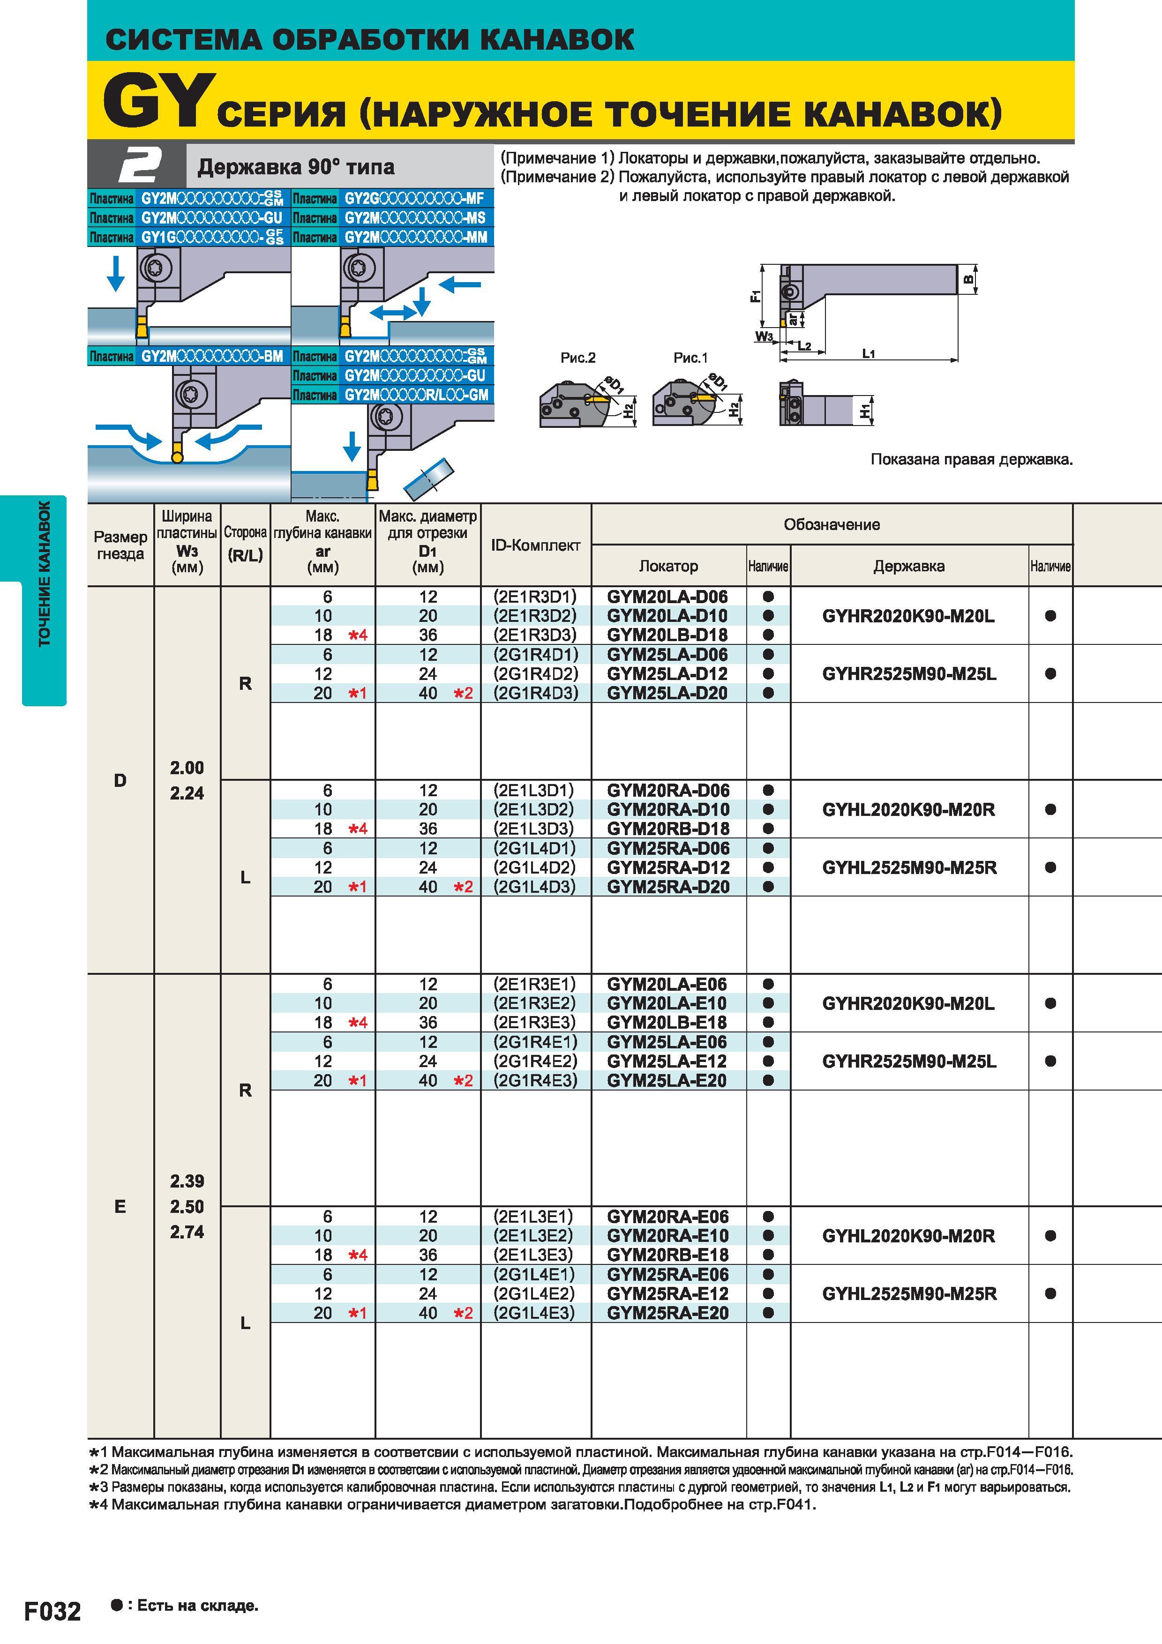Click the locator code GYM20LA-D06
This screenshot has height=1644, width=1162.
pos(667,597)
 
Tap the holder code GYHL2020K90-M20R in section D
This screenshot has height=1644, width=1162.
pos(908,810)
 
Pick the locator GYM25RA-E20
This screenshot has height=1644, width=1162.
pos(667,1313)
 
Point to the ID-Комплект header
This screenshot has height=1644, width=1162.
pos(536,546)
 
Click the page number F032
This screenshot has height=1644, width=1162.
pos(53,1611)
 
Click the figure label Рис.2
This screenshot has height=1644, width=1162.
pos(578,358)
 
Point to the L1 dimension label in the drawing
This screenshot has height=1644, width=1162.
pos(869,353)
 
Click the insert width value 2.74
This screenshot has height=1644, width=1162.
pos(187,1232)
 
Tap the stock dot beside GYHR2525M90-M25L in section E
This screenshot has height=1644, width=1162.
pos(1050,1061)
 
